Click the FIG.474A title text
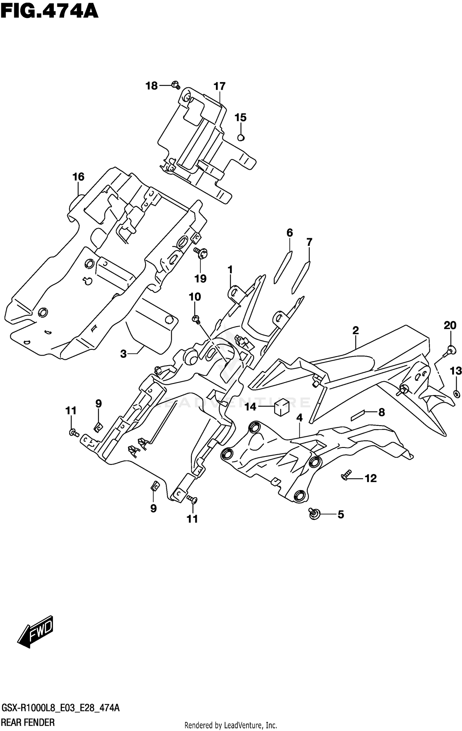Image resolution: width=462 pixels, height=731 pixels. point(49,12)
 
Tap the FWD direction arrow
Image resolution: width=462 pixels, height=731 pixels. point(36,631)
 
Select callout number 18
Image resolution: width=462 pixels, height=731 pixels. point(152,86)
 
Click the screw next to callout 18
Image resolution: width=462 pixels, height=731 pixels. point(176,85)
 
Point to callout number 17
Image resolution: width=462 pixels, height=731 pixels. point(220,86)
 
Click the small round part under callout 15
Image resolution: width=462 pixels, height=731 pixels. point(241,138)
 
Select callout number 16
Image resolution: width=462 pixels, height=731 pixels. point(78,177)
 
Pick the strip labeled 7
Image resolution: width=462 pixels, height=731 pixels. point(301,277)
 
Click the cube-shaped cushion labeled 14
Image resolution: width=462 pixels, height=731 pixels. point(282,407)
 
